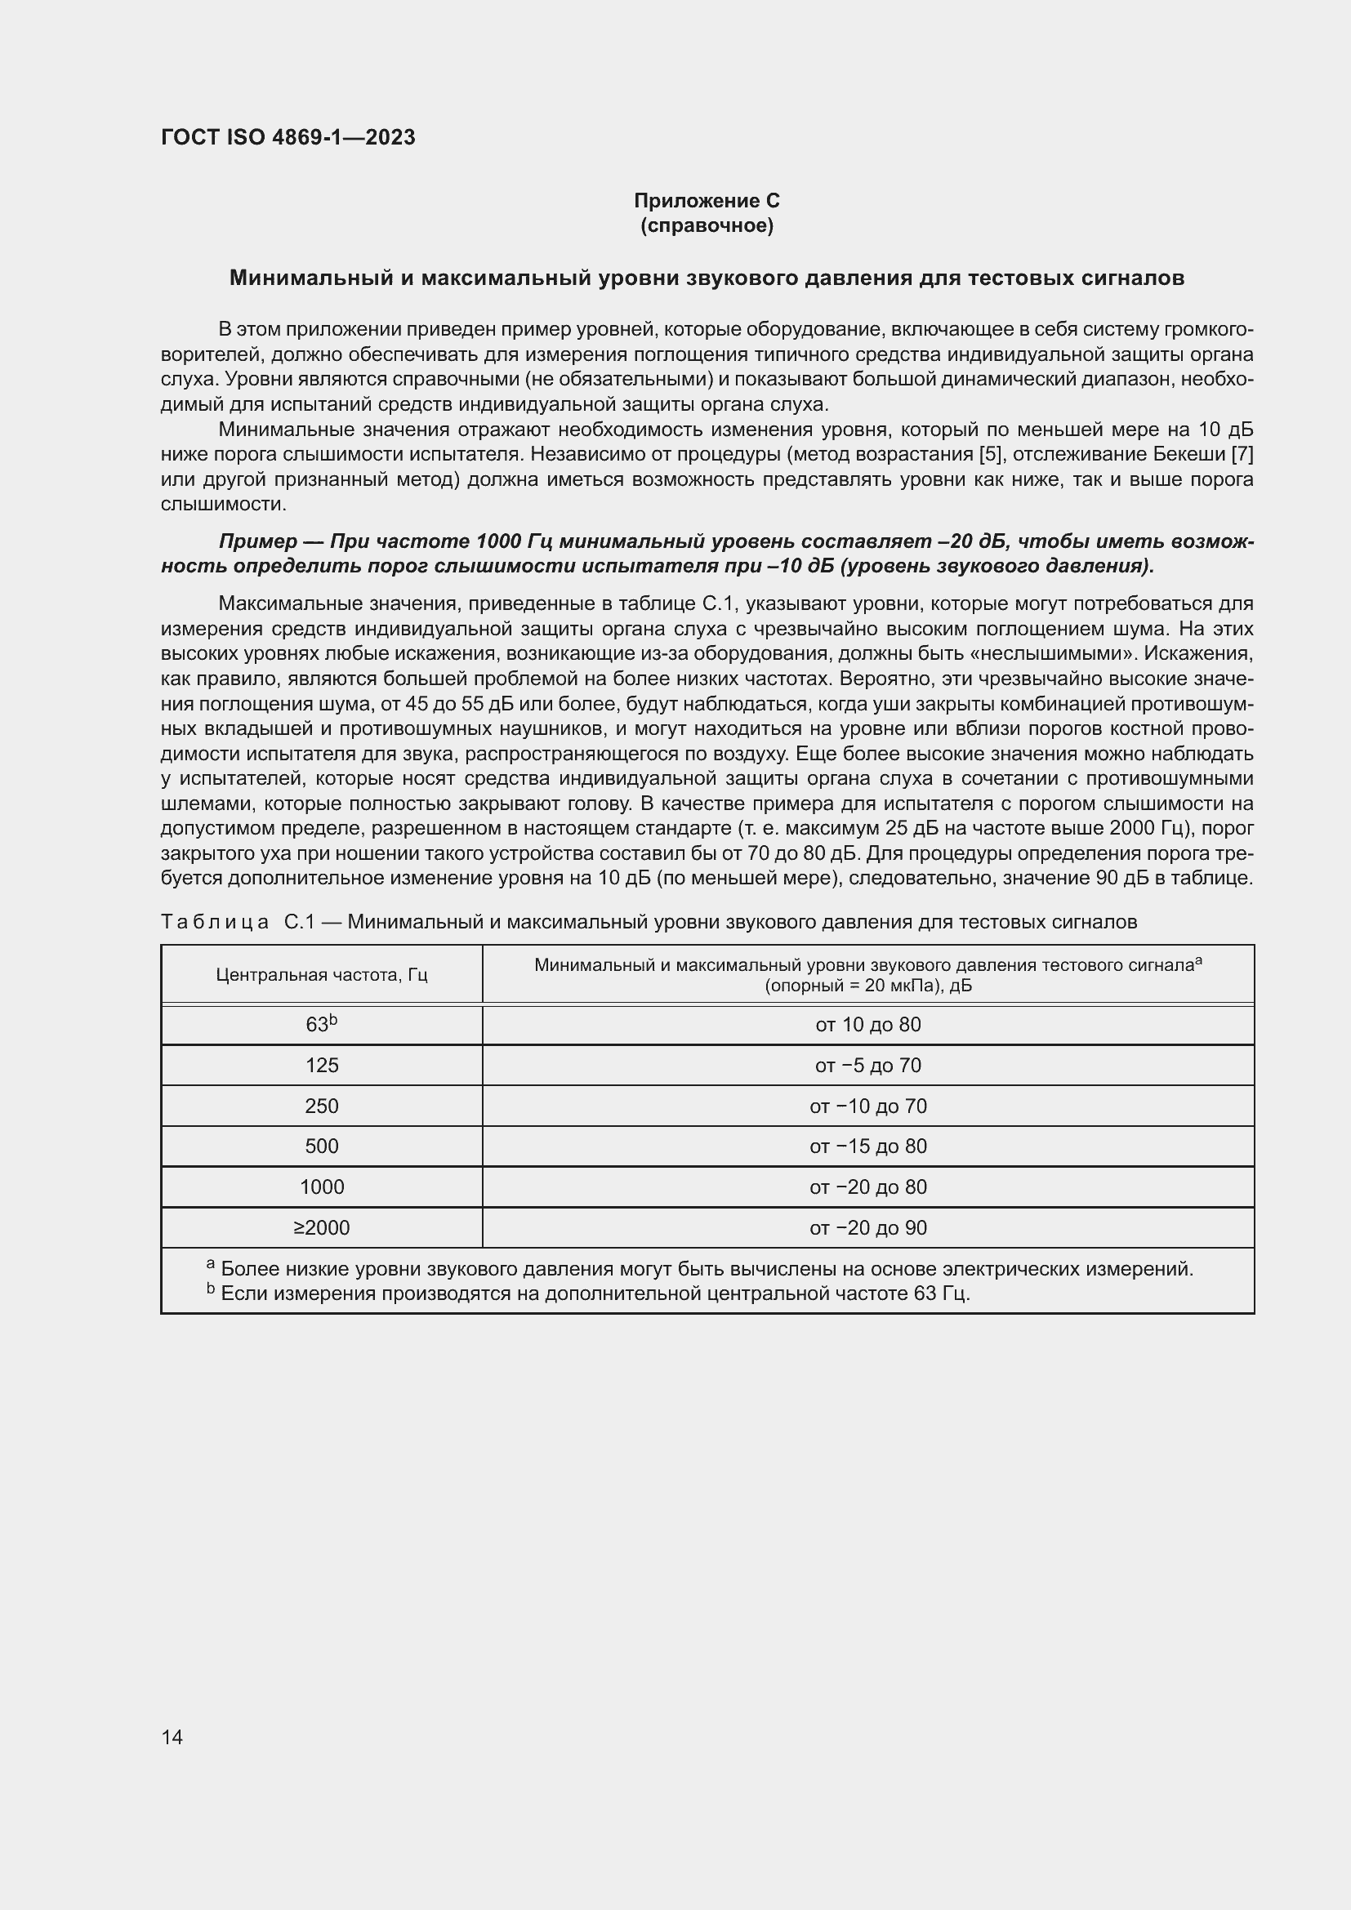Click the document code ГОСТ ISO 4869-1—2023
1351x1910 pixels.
click(288, 137)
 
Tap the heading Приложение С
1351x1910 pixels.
click(707, 201)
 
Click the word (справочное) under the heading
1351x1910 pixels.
click(707, 225)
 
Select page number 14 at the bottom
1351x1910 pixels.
click(172, 1737)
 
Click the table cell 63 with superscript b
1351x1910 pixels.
click(321, 1024)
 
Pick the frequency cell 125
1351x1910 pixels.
click(321, 1065)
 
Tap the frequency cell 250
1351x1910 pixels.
click(321, 1106)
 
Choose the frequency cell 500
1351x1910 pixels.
click(321, 1146)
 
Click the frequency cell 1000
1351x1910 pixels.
click(321, 1187)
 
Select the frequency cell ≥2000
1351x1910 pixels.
click(321, 1227)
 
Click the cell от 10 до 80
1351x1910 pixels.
click(867, 1024)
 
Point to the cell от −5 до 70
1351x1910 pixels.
click(867, 1065)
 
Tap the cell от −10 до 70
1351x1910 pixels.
click(867, 1106)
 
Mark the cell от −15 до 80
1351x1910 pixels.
click(867, 1146)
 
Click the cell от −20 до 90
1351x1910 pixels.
click(867, 1227)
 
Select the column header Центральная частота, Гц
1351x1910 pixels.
click(321, 974)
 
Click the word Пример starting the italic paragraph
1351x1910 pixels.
click(258, 541)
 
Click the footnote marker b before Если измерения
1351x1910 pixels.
click(211, 1289)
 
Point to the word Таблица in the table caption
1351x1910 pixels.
click(215, 922)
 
